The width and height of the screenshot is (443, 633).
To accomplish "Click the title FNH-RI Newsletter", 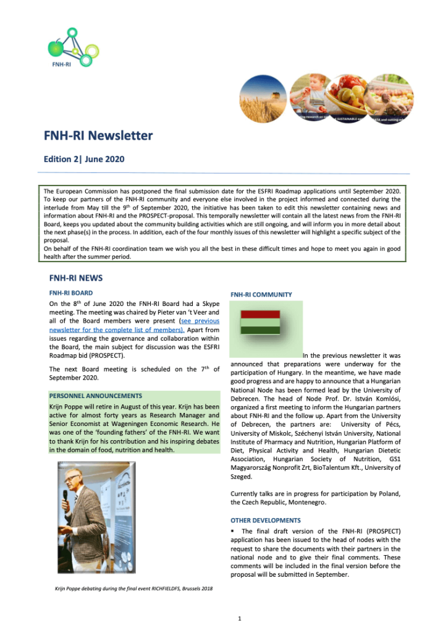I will [x=98, y=136].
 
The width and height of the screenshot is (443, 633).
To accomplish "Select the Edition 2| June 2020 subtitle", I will [x=84, y=159].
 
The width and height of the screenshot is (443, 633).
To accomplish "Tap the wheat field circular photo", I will [x=263, y=98].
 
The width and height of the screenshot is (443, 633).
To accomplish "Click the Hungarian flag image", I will [x=260, y=322].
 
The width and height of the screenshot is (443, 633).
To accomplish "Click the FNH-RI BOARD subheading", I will [x=71, y=292].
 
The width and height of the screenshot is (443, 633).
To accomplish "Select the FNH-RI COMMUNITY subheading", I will [x=261, y=295].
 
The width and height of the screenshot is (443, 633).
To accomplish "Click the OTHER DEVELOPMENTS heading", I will [x=266, y=520].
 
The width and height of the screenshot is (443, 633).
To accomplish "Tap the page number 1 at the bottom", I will [x=239, y=618].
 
